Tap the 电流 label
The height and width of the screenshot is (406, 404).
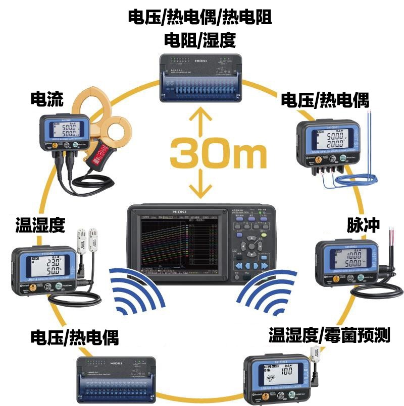coord(47,100)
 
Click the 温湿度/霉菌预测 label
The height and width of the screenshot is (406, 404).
coord(329,334)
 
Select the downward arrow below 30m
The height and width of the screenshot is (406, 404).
coord(201,185)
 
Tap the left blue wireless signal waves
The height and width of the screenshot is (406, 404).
coord(136,293)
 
